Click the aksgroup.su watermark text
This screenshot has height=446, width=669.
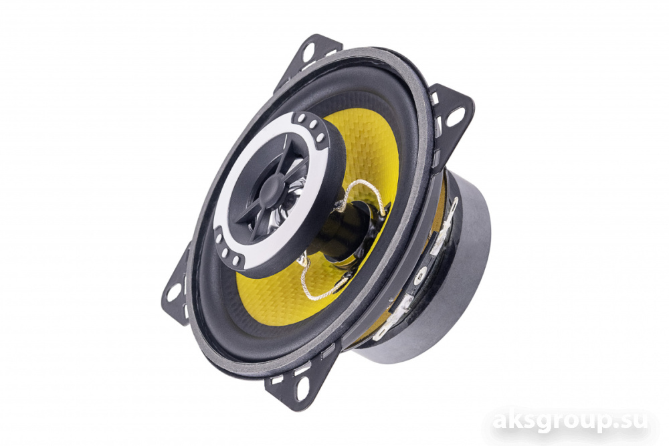570,423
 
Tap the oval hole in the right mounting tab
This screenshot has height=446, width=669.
455,117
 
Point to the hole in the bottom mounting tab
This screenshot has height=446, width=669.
302,388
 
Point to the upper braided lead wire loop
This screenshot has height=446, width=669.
363,193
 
